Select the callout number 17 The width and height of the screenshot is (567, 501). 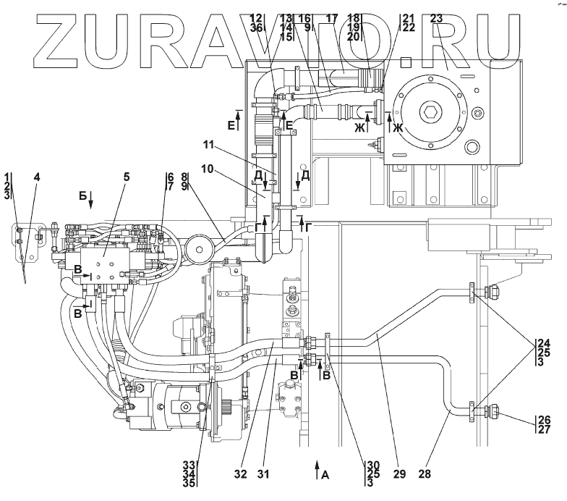pos(332,19)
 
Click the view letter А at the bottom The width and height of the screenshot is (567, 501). pos(325,475)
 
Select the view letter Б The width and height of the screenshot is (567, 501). pos(82,196)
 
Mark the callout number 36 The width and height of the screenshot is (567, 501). pos(255,28)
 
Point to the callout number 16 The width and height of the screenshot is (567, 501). pos(305,18)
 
